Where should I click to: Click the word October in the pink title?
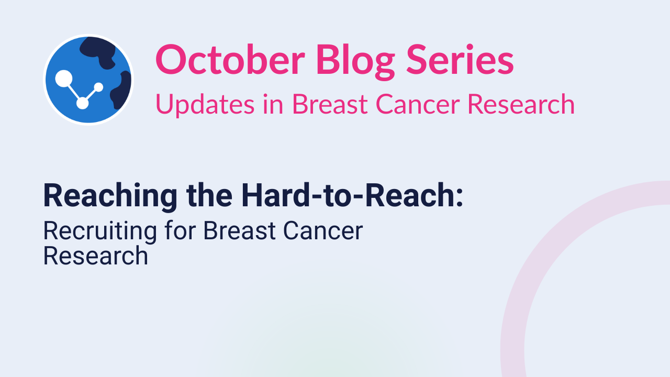pyautogui.click(x=230, y=60)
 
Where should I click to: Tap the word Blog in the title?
pyautogui.click(x=355, y=62)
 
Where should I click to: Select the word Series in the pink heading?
pyautogui.click(x=460, y=60)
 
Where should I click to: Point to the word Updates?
pyautogui.click(x=205, y=104)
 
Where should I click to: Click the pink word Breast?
pyautogui.click(x=330, y=104)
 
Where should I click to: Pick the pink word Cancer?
pyautogui.click(x=418, y=104)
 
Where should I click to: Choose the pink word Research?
pyautogui.click(x=521, y=104)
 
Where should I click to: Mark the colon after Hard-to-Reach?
pyautogui.click(x=460, y=198)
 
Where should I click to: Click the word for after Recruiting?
pyautogui.click(x=180, y=230)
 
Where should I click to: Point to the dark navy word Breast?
pyautogui.click(x=239, y=231)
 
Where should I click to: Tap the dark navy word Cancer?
pyautogui.click(x=323, y=231)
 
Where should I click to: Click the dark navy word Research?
pyautogui.click(x=96, y=256)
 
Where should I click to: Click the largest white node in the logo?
pyautogui.click(x=64, y=79)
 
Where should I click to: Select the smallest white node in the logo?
pyautogui.click(x=99, y=87)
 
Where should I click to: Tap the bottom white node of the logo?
pyautogui.click(x=83, y=103)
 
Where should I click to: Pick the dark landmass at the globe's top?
pyautogui.click(x=98, y=51)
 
